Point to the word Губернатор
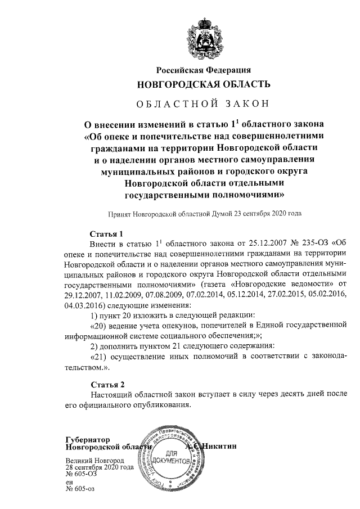pyautogui.click(x=87, y=439)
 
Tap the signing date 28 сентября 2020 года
pyautogui.click(x=100, y=467)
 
